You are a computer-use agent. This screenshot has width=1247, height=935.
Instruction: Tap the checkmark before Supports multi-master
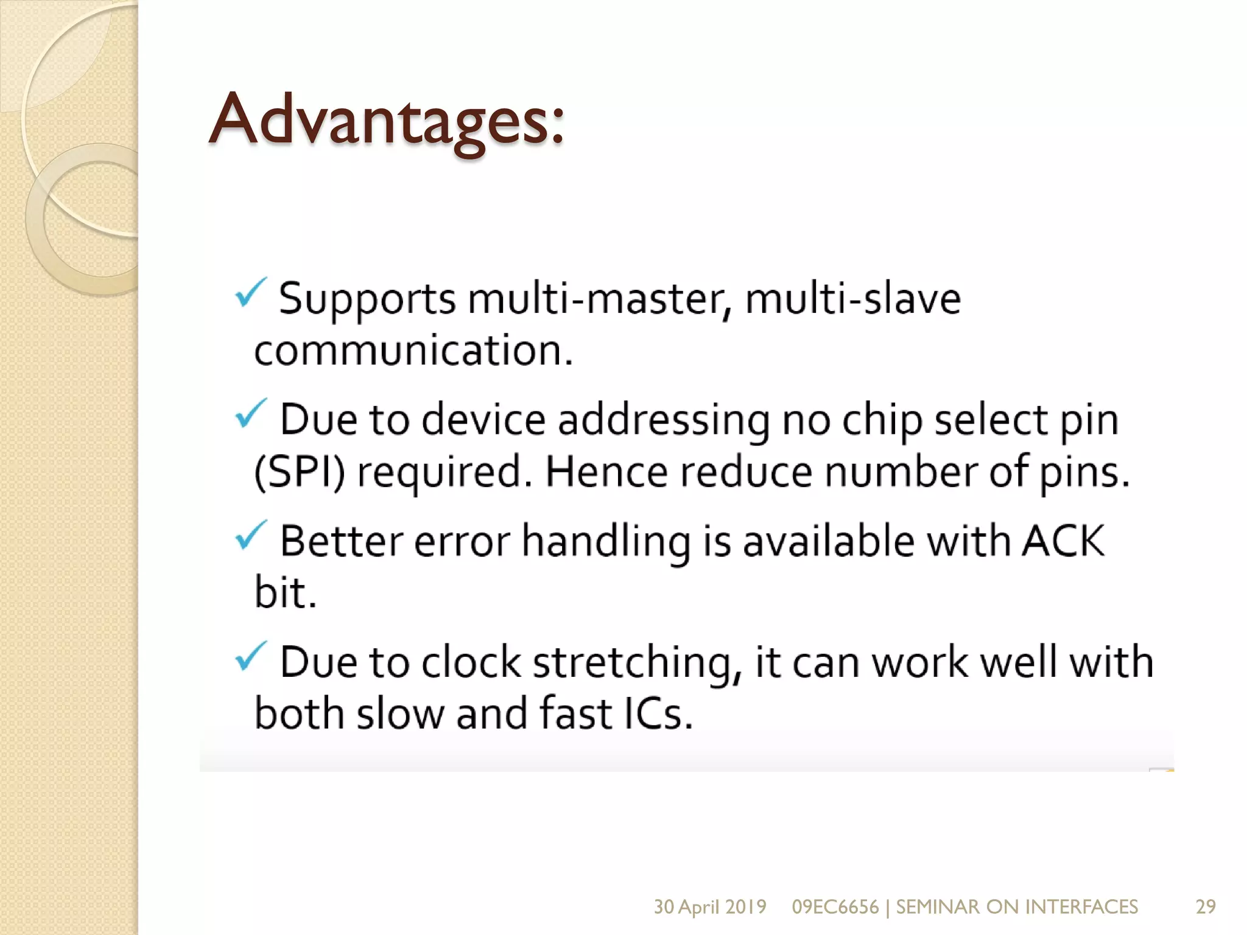pos(250,293)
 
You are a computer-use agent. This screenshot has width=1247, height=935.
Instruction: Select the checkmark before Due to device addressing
pos(250,413)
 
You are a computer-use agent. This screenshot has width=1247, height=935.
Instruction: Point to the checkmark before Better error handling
pos(250,535)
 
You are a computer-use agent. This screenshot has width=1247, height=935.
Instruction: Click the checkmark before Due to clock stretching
pos(250,656)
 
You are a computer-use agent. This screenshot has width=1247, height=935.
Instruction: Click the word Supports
pos(367,299)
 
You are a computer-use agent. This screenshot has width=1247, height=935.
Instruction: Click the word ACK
pos(1063,541)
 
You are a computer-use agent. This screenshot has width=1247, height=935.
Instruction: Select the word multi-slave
pos(852,299)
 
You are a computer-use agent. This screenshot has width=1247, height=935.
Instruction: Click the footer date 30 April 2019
pos(710,906)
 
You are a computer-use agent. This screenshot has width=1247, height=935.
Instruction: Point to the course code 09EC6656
pos(835,906)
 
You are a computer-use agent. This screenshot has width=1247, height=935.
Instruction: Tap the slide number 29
pos(1206,906)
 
